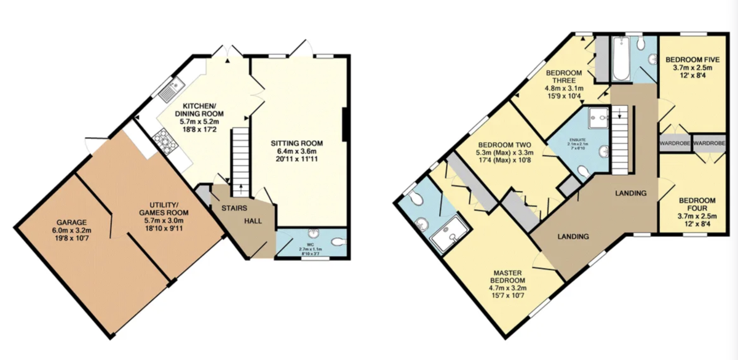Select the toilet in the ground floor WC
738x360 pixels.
point(336,242)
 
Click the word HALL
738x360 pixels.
point(253,221)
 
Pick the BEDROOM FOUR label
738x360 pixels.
point(697,206)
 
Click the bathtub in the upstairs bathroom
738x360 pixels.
point(619,60)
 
